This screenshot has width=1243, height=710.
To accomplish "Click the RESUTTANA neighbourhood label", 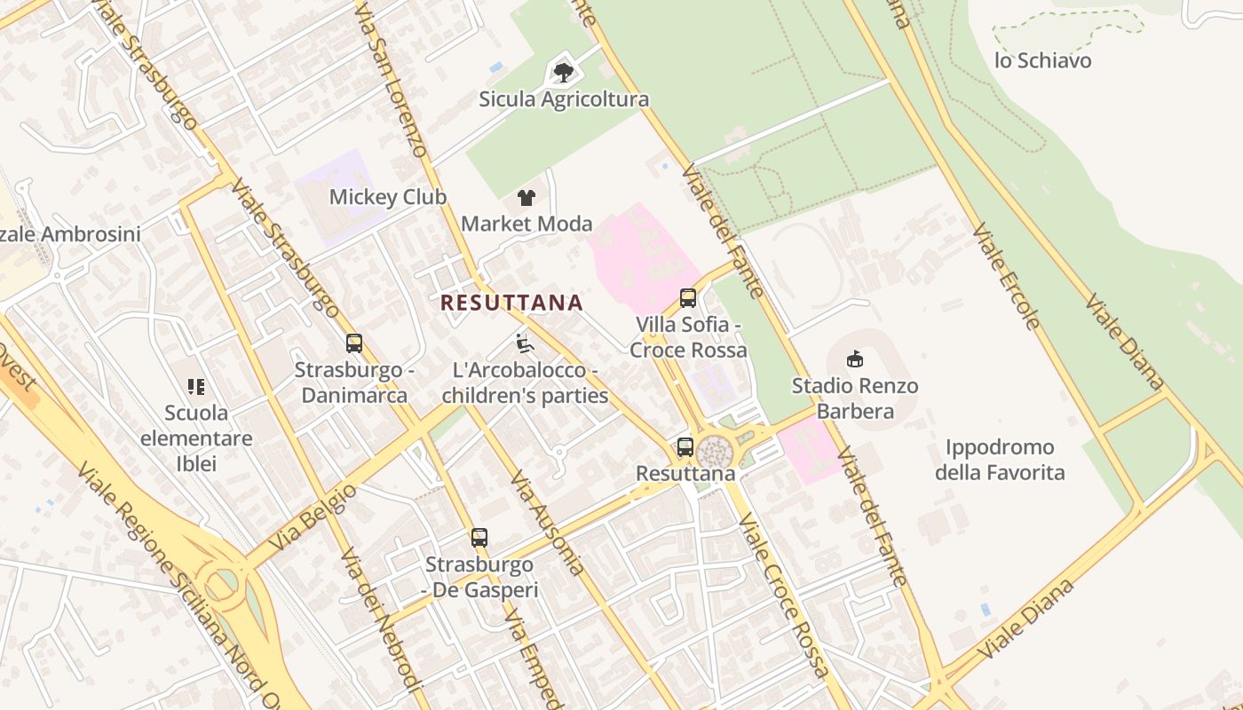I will click(511, 303).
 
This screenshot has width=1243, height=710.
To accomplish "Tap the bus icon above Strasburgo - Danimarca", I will click(354, 343).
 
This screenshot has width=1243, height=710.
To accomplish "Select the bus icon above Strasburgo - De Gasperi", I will click(479, 537).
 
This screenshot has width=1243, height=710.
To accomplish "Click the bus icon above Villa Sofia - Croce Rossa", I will click(687, 297).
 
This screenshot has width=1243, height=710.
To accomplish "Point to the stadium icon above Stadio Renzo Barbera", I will click(854, 359).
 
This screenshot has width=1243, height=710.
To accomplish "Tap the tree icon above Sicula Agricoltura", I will click(563, 72).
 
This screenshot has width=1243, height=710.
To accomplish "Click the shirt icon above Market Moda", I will click(526, 197).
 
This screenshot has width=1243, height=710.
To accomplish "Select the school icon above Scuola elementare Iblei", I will click(196, 386).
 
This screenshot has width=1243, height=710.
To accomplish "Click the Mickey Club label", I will click(388, 197).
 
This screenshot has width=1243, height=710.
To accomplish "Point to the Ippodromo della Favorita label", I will click(999, 460).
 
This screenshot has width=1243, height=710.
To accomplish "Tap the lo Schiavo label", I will click(1042, 60).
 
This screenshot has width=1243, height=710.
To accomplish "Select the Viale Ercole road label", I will click(1005, 276).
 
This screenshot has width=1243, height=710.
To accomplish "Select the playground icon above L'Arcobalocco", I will click(524, 343).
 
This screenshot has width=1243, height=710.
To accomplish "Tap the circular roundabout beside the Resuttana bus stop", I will click(715, 452).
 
